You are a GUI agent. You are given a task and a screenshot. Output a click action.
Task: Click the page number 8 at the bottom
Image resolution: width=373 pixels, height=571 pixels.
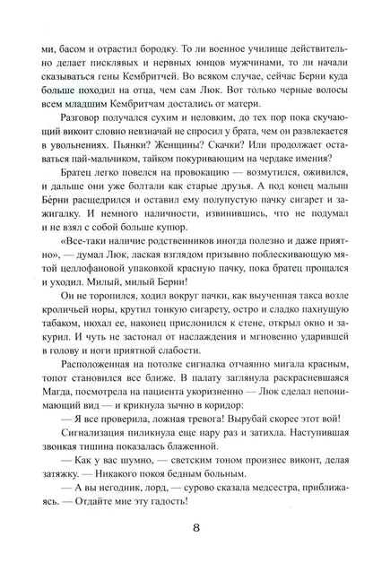[186, 532]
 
